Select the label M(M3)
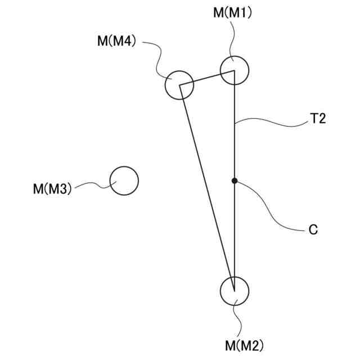point(52,188)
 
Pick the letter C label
point(313,229)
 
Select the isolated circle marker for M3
point(124,181)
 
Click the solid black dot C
point(234,181)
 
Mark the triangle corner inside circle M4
point(179,85)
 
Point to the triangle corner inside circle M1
point(233,71)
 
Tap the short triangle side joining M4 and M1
point(206,78)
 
